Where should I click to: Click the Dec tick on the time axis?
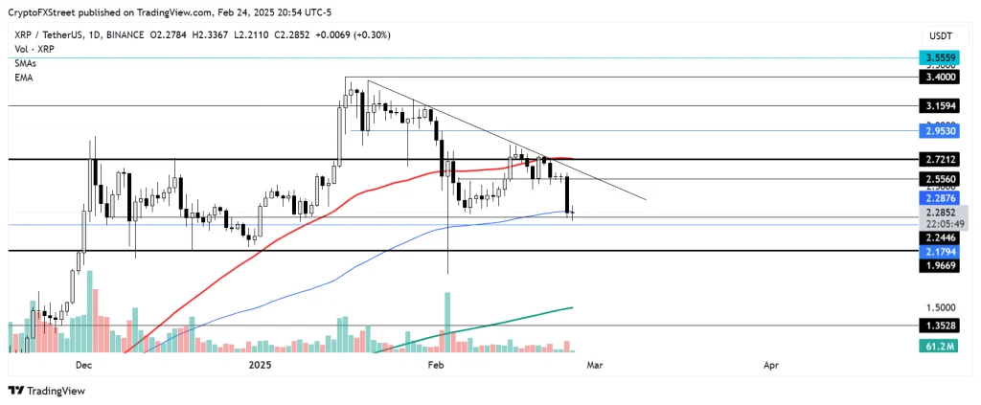(x=82, y=365)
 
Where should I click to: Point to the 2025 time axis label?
(x=261, y=365)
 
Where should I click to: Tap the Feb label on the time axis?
(x=436, y=365)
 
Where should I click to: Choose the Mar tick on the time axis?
(x=595, y=365)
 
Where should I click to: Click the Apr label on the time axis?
(x=770, y=365)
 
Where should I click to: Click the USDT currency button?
(x=940, y=35)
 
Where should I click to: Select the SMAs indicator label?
(x=26, y=62)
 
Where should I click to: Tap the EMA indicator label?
(x=24, y=77)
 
